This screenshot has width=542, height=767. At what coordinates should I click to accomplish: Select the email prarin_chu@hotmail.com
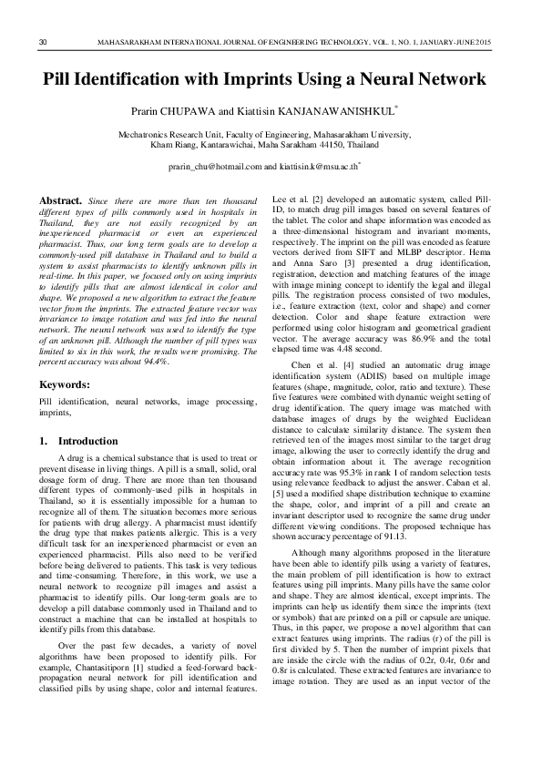coord(215,168)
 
